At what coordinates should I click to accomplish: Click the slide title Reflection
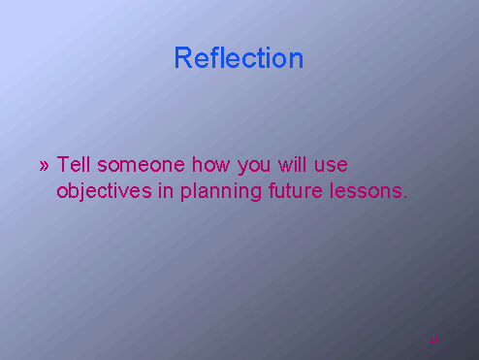point(239,58)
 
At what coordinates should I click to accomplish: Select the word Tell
point(74,164)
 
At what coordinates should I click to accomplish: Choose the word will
point(294,164)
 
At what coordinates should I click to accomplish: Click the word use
point(331,166)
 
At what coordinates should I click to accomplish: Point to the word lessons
point(366,191)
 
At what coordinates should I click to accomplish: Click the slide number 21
point(434,340)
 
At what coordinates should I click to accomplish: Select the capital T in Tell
point(63,164)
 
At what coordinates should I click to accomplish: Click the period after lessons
point(404,197)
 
